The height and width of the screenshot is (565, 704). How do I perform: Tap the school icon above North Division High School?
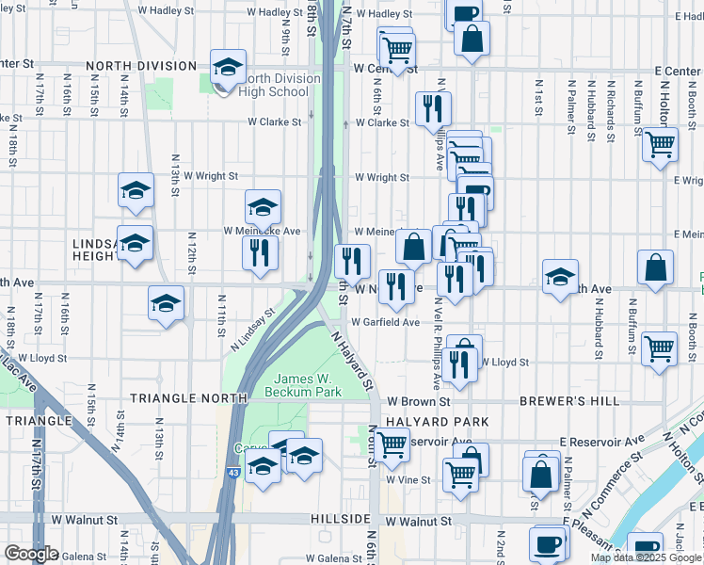click(x=226, y=67)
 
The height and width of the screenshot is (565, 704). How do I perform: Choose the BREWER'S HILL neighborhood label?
click(x=569, y=400)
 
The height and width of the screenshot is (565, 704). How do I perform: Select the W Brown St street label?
click(x=413, y=400)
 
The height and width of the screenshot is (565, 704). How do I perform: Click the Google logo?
click(x=32, y=553)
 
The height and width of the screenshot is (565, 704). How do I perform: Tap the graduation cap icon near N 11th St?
click(x=167, y=303)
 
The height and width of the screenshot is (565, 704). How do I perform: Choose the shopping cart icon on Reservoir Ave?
click(x=392, y=442)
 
